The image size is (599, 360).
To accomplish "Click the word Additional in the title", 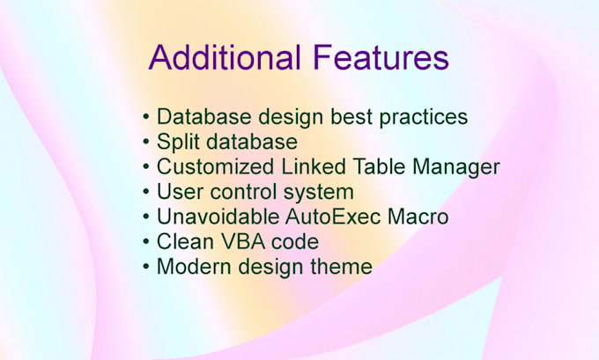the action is [225, 57].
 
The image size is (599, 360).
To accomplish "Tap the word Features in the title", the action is [381, 57].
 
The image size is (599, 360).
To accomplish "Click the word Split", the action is [179, 143].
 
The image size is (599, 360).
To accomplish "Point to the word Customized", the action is [215, 167].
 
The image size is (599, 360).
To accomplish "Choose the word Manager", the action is [456, 167].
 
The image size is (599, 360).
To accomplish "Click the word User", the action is [180, 192].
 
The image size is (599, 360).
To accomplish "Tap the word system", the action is [318, 193].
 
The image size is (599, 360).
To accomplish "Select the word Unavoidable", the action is [218, 217].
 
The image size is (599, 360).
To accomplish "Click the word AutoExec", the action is [333, 217].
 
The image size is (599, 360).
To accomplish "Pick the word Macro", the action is [418, 217].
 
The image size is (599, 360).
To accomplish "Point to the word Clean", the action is [185, 242].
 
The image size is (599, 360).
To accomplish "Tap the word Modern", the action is [194, 267].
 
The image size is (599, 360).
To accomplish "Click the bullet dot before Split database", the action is [146, 142].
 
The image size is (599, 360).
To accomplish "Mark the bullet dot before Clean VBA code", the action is [146, 242].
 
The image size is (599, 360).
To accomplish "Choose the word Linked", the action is [314, 167].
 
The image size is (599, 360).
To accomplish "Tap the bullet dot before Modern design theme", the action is [146, 267].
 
